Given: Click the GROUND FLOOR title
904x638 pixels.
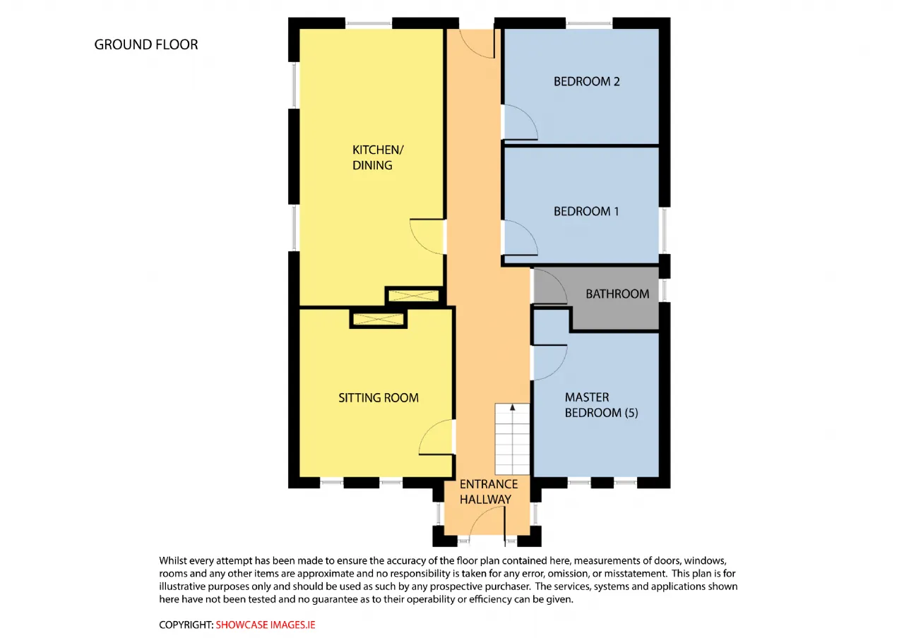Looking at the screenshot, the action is tap(146, 44).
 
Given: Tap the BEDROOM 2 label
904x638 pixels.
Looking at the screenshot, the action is tap(586, 81).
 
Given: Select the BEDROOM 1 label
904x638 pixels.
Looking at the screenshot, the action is tap(586, 211).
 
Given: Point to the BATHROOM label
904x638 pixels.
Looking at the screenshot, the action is tap(617, 294).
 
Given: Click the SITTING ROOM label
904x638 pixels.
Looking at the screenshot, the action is tap(379, 398).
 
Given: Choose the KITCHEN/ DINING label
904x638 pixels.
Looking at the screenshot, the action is tap(378, 157).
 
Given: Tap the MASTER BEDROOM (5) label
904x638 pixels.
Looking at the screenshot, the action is tap(601, 405).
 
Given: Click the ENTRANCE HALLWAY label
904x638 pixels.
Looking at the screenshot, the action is tap(488, 492).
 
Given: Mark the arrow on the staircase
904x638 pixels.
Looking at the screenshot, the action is tap(513, 407).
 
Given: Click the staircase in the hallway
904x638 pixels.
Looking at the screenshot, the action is tap(513, 439).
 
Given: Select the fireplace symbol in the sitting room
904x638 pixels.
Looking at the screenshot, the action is tap(378, 319).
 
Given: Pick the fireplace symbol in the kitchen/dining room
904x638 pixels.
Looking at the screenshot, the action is tap(414, 296).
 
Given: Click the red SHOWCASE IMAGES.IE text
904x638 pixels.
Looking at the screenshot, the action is tap(266, 625).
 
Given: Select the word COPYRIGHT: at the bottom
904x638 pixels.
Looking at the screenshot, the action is tap(186, 625).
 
